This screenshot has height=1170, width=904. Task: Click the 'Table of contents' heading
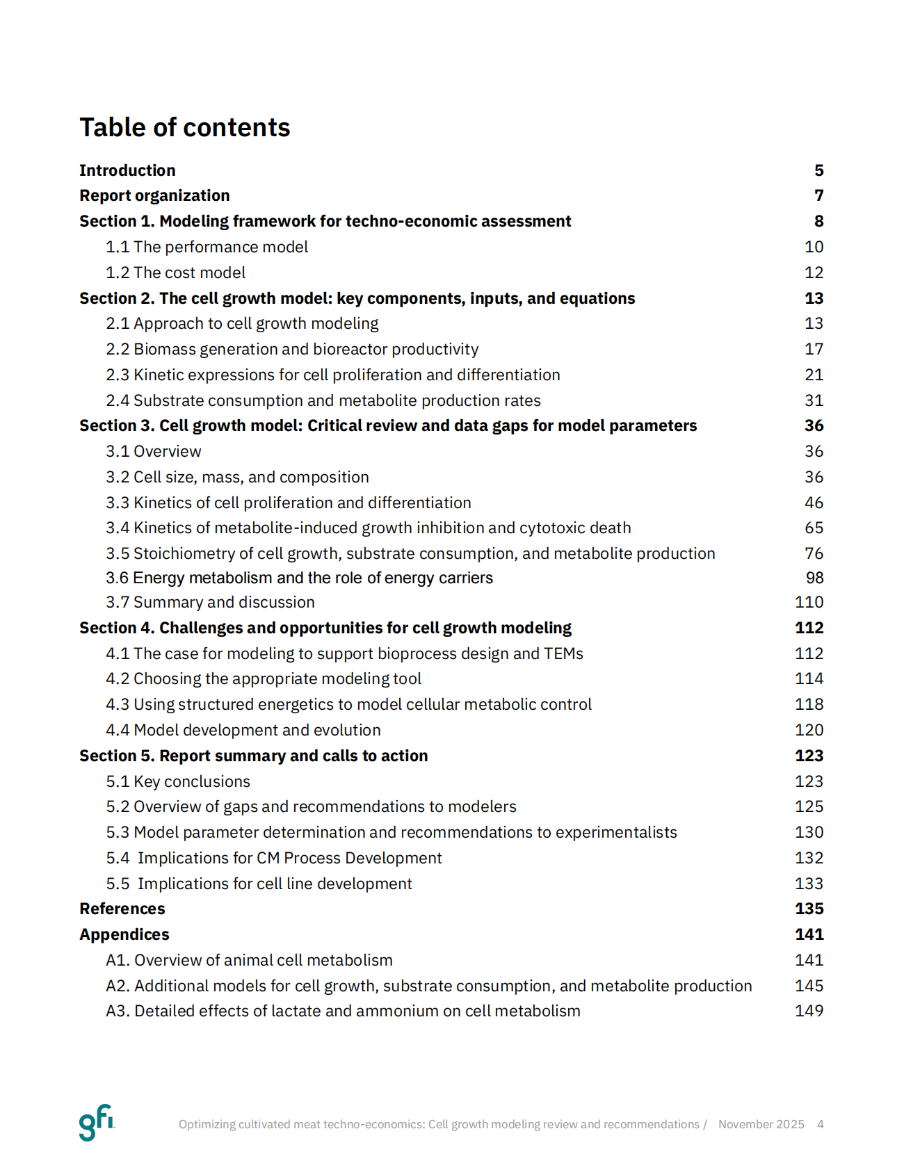(184, 128)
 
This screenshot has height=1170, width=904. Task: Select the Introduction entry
(127, 170)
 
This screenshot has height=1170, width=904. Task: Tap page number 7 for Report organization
(819, 195)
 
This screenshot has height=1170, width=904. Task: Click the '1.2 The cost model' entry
(175, 273)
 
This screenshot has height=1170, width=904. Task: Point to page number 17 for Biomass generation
(814, 349)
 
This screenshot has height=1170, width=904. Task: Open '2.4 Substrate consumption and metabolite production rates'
(323, 400)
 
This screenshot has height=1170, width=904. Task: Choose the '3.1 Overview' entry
(153, 451)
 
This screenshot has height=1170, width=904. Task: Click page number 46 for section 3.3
(814, 503)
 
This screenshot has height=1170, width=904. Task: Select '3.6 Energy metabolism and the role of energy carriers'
(299, 578)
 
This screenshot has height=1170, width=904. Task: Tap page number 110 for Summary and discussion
(809, 602)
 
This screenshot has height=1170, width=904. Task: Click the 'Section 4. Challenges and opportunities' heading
(325, 628)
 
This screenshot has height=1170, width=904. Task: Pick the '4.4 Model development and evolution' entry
(243, 730)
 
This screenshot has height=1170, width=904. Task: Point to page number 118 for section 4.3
(809, 704)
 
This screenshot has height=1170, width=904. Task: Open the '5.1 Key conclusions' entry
(177, 781)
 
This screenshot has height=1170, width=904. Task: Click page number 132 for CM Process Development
(809, 858)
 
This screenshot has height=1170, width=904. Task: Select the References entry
(122, 909)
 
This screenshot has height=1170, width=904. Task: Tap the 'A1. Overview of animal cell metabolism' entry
(249, 960)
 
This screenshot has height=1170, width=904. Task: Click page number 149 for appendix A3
(809, 1011)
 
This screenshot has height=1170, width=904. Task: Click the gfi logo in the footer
(96, 1122)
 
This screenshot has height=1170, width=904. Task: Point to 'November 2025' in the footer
(761, 1124)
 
